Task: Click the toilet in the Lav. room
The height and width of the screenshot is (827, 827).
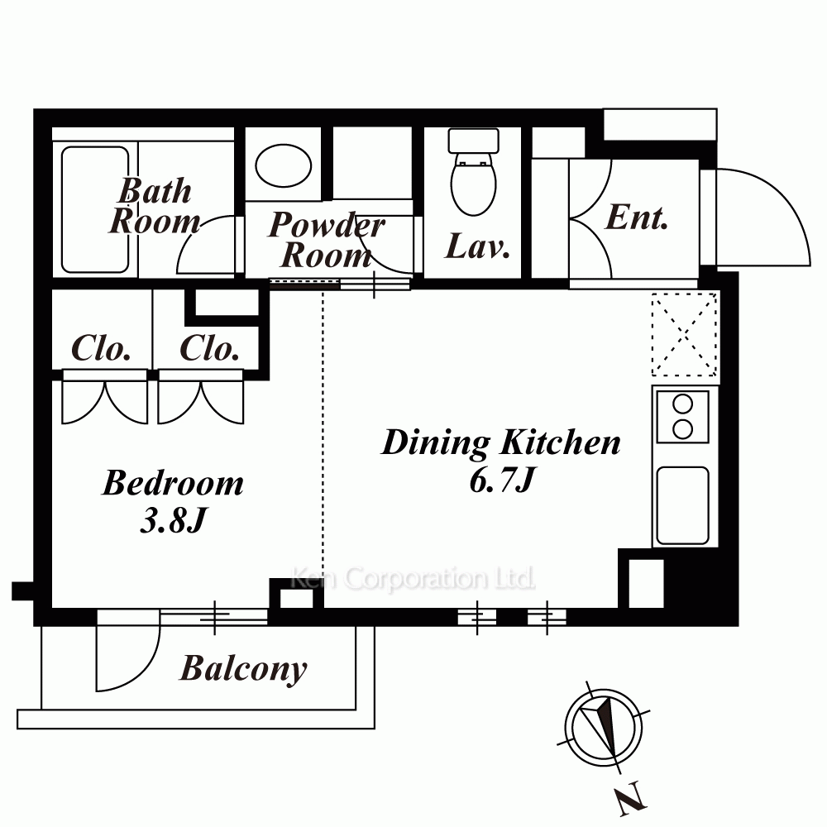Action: click(x=474, y=172)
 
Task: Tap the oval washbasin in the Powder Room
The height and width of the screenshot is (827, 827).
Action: click(x=283, y=165)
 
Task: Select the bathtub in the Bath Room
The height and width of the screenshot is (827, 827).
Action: click(x=95, y=209)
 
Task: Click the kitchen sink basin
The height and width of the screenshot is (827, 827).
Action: click(x=682, y=505)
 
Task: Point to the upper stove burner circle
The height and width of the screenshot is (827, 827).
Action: click(x=683, y=405)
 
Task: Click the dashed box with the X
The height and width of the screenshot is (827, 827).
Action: click(x=685, y=334)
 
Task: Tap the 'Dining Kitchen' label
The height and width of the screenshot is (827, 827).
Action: click(x=500, y=442)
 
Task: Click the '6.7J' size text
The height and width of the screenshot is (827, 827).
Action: click(x=503, y=480)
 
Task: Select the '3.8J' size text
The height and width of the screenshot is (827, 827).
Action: click(x=173, y=520)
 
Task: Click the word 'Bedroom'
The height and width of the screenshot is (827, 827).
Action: click(x=173, y=483)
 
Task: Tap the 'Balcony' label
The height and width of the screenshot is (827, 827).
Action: click(x=243, y=669)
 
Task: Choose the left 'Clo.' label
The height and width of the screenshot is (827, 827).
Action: click(x=101, y=348)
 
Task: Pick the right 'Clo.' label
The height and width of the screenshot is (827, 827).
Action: click(x=209, y=348)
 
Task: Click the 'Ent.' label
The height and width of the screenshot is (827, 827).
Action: click(x=637, y=218)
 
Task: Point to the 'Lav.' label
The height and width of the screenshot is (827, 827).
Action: click(x=478, y=246)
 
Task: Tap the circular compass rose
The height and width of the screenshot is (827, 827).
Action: click(x=604, y=728)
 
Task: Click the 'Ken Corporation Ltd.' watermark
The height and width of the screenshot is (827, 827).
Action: click(x=413, y=578)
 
